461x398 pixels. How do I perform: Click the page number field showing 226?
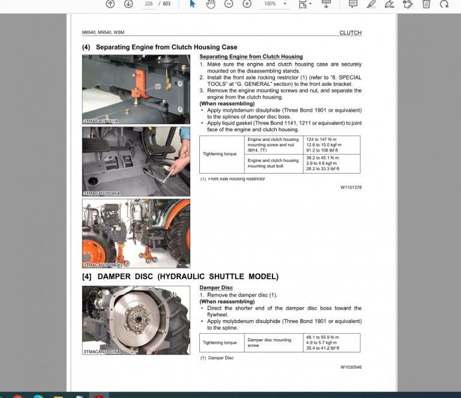tap(148, 4)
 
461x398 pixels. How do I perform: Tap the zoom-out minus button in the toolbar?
tap(229, 4)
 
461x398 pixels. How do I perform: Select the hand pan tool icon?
tap(211, 4)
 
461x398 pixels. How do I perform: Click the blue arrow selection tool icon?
tap(193, 4)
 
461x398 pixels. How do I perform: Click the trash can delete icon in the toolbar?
tap(426, 4)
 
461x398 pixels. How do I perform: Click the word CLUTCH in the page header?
tap(350, 33)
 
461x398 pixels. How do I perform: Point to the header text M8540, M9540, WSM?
tap(103, 33)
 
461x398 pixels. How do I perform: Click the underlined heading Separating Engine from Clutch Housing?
tap(251, 57)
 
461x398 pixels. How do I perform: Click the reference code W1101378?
tap(351, 187)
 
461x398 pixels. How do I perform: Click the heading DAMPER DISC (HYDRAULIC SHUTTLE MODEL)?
tap(180, 276)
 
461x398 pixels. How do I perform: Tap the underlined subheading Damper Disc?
tap(216, 288)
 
